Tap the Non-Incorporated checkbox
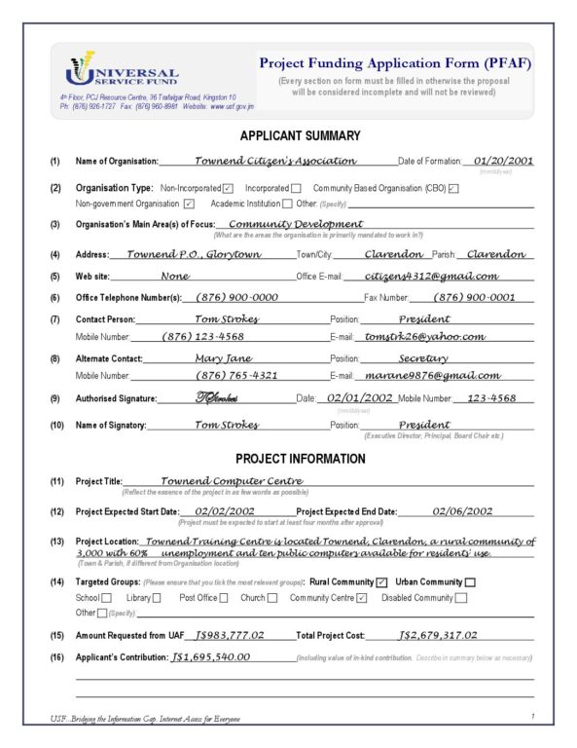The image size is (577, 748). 227,188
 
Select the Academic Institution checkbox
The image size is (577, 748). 287,204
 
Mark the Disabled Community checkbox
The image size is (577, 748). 460,598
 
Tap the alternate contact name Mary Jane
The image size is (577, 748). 223,357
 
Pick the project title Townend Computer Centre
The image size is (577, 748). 232,480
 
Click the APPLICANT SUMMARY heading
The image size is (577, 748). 287,136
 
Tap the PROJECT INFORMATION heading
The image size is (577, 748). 287,459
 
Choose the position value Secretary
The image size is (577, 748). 423,357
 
